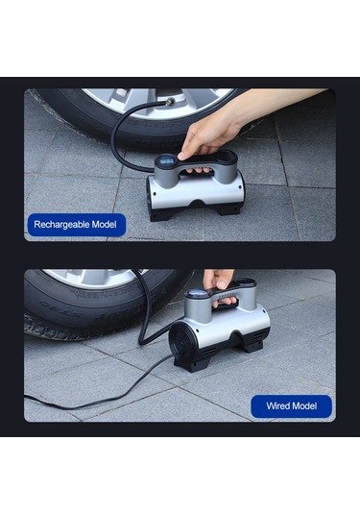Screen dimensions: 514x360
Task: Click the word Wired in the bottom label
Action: click(277, 406)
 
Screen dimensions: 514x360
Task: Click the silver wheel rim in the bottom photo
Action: click(91, 278)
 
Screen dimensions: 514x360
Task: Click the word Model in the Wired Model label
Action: click(307, 406)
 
